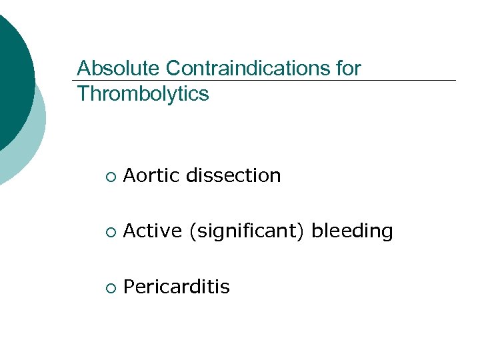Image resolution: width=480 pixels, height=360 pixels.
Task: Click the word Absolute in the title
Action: pyautogui.click(x=119, y=69)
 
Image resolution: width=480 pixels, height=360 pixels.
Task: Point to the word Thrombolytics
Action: pyautogui.click(x=143, y=95)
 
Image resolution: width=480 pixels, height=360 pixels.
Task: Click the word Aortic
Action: pyautogui.click(x=153, y=176)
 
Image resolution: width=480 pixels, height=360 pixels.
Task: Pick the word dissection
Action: pyautogui.click(x=233, y=176)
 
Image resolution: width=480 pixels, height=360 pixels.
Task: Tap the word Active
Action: pyautogui.click(x=153, y=231)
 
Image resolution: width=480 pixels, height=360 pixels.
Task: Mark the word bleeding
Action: pyautogui.click(x=352, y=232)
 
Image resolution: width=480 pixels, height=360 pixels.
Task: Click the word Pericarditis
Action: pyautogui.click(x=177, y=287)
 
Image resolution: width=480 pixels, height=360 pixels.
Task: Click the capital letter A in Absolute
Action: pyautogui.click(x=83, y=69)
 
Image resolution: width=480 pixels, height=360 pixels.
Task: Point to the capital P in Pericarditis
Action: pyautogui.click(x=129, y=287)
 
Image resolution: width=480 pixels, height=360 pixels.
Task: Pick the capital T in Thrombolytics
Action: pyautogui.click(x=83, y=95)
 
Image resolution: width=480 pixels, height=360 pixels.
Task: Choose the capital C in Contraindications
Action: pyautogui.click(x=173, y=69)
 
